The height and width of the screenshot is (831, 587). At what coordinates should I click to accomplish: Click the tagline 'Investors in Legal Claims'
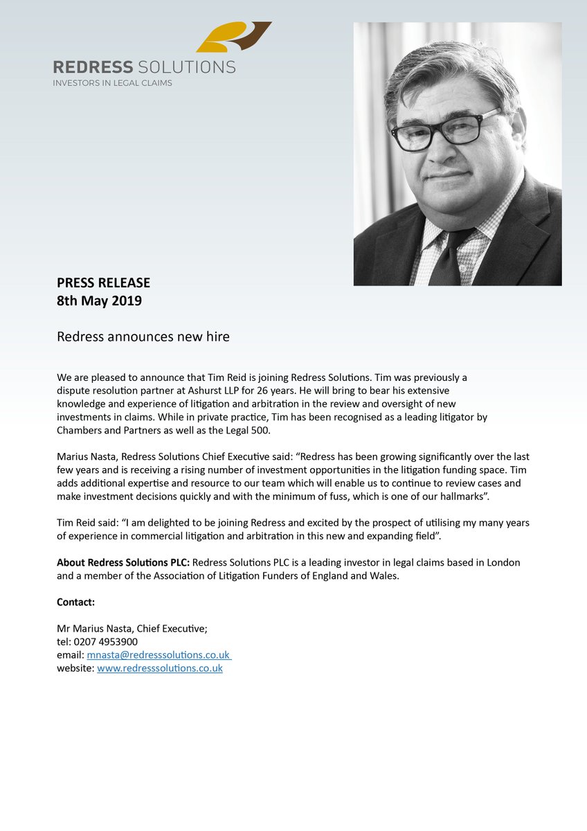click(x=113, y=83)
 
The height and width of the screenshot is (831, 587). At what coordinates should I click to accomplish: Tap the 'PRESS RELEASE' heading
click(x=103, y=283)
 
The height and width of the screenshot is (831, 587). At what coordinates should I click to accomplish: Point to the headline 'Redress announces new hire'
click(x=143, y=337)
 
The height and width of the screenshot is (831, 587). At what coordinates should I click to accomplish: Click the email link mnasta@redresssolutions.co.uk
click(x=159, y=654)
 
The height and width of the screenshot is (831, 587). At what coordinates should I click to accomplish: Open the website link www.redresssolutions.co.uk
click(x=160, y=668)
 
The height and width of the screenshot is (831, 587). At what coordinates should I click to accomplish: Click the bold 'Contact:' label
click(x=76, y=602)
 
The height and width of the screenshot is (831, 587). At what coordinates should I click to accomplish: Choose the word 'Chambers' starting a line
click(x=80, y=430)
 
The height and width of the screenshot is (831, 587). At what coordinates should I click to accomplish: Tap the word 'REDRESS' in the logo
click(x=93, y=67)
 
